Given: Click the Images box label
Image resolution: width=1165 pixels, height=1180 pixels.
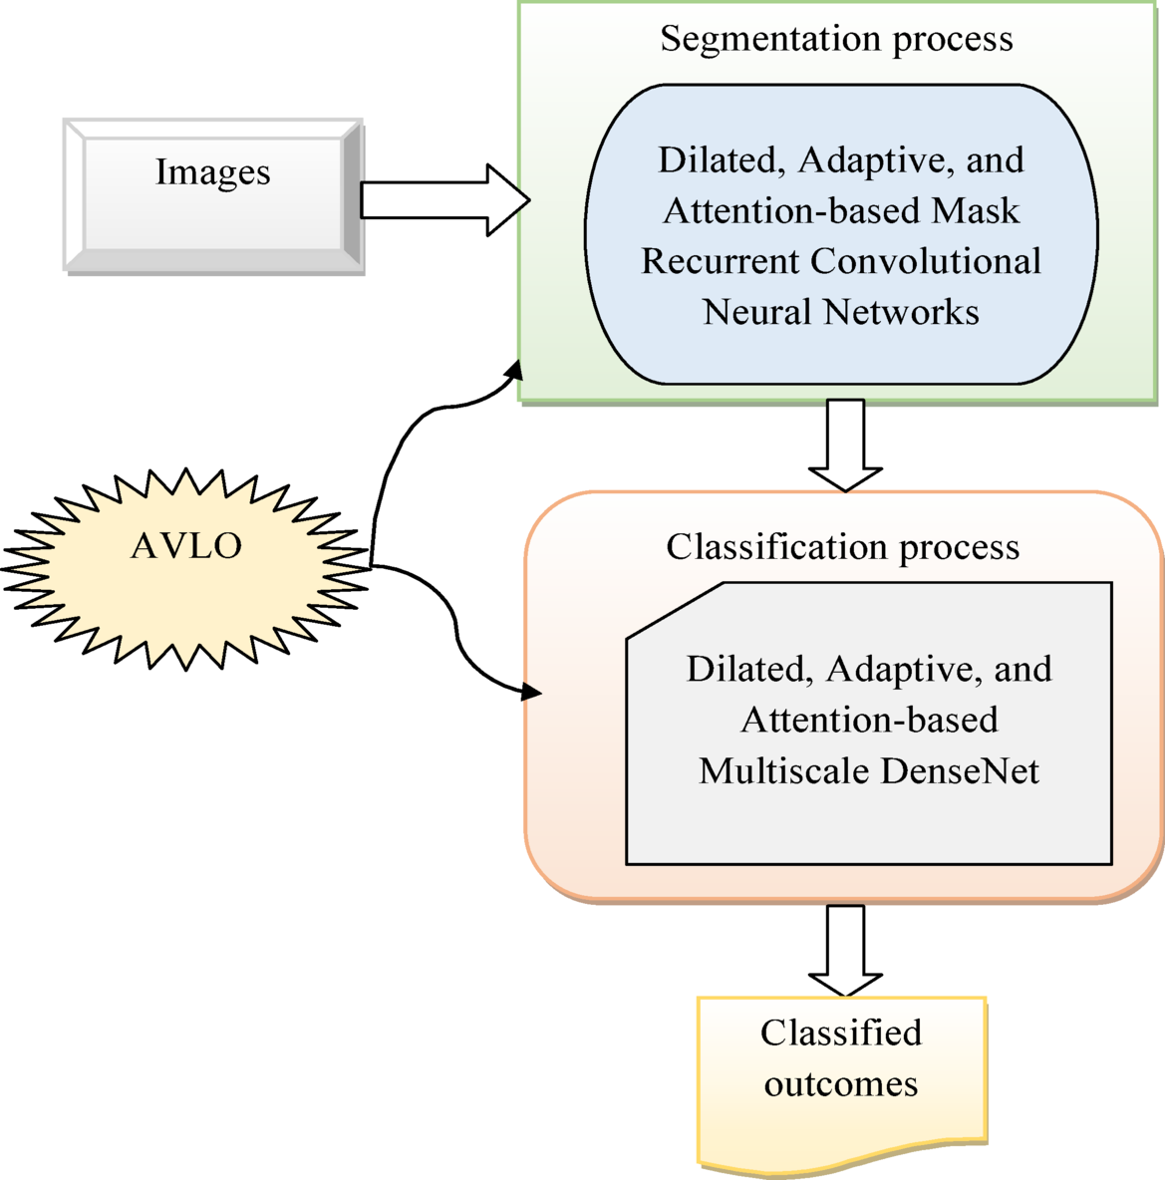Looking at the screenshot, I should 212,172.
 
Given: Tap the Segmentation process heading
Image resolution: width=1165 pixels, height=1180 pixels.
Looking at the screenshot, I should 836,39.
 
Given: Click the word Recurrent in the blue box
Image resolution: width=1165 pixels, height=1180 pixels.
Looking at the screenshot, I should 721,261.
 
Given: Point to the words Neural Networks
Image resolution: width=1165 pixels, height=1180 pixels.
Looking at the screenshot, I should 840,312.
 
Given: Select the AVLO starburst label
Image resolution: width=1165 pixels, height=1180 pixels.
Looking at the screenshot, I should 186,546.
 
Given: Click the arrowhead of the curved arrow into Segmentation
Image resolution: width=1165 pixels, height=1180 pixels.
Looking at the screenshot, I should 514,368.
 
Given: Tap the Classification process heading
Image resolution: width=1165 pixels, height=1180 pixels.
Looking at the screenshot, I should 842,547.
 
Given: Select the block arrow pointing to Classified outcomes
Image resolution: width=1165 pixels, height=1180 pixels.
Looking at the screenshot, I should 845,950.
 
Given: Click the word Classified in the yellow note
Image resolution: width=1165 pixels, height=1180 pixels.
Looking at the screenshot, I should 840,1032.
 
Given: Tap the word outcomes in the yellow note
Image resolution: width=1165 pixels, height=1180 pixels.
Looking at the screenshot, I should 840,1083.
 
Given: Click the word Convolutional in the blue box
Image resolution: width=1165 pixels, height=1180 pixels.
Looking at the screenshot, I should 926,261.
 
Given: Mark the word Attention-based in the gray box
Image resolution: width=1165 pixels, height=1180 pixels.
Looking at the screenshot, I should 869,720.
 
